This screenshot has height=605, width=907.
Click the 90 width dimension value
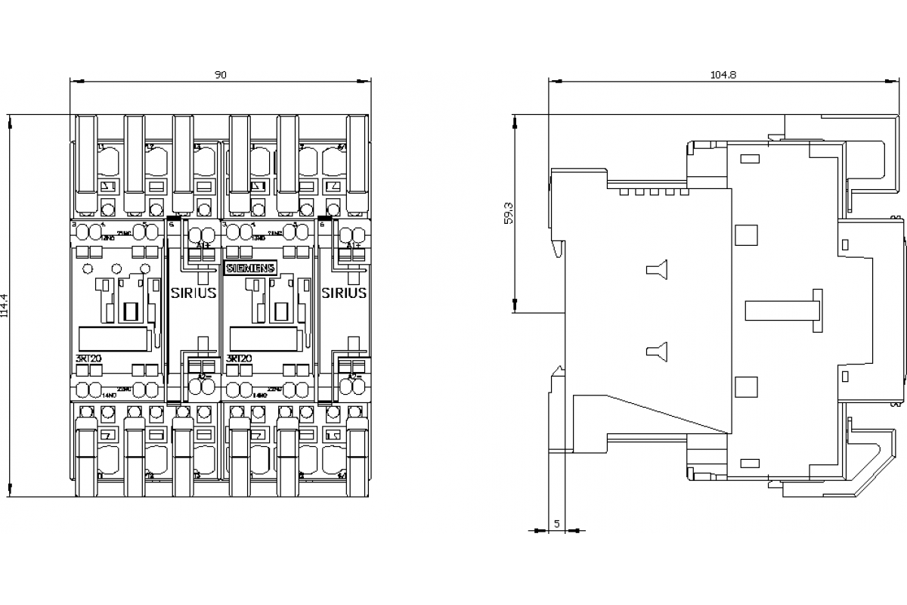click(220, 74)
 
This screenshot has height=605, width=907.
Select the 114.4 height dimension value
click(5, 306)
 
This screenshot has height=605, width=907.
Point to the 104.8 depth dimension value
click(723, 74)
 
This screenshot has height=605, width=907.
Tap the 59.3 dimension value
click(509, 213)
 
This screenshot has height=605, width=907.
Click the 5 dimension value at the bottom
click(557, 523)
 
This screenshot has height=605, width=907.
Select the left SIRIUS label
click(193, 293)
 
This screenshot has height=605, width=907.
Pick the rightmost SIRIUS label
click(344, 293)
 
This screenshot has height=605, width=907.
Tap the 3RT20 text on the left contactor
click(89, 358)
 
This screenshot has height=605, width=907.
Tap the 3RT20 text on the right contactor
click(240, 358)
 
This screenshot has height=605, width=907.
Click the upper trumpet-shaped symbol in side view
click(657, 269)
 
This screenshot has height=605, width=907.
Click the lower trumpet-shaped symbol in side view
click(657, 350)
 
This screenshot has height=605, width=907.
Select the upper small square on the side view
click(746, 234)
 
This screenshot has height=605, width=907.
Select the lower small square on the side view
click(746, 386)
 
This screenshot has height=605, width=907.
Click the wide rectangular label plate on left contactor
click(113, 339)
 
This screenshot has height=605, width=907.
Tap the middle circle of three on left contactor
click(116, 268)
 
